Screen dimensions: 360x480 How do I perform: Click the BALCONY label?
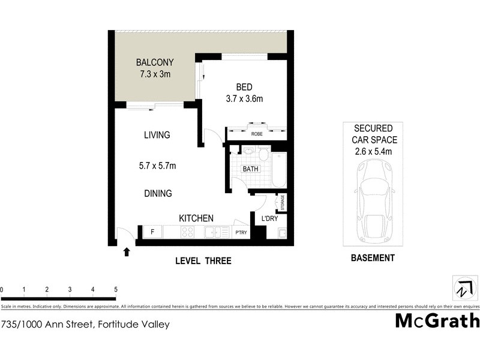tap(154, 62)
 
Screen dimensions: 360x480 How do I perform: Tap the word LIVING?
tap(157, 135)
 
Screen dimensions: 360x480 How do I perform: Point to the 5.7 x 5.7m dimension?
tap(157, 166)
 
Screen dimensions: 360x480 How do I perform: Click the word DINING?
tap(158, 194)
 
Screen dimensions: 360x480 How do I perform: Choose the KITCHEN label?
tap(196, 218)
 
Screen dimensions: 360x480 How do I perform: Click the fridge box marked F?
tap(152, 232)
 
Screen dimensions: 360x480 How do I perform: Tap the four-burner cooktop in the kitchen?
tap(188, 233)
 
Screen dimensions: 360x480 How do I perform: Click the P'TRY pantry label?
tap(241, 233)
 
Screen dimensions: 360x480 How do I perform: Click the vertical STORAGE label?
tap(282, 203)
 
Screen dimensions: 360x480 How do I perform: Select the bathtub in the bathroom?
tap(279, 170)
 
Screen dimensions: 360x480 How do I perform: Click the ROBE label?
tap(256, 134)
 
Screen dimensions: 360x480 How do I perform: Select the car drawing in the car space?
tap(373, 201)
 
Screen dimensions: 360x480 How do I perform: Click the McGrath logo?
tap(437, 320)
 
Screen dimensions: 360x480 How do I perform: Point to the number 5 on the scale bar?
tap(115, 289)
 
